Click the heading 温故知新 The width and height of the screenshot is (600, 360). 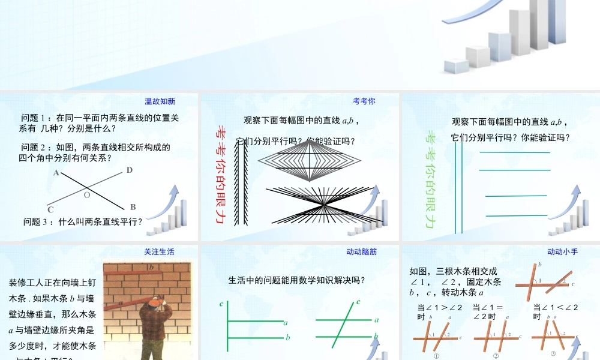(160, 101)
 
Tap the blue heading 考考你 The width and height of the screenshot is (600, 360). (364, 101)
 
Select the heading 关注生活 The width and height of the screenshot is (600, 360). (159, 252)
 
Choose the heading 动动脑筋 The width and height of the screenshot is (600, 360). (362, 252)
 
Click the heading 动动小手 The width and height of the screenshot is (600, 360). (562, 252)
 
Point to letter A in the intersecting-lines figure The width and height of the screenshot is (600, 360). (56, 173)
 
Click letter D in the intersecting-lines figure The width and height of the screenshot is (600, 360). (129, 170)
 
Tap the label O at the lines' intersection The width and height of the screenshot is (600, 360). (87, 194)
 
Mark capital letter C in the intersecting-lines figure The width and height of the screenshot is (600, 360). (51, 209)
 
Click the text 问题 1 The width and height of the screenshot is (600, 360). (35, 118)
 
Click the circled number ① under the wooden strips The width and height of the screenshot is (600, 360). (436, 355)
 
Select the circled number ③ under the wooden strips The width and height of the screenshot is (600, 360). (553, 355)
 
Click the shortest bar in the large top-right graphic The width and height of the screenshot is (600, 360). (456, 66)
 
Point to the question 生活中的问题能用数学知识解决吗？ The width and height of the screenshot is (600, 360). (297, 280)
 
